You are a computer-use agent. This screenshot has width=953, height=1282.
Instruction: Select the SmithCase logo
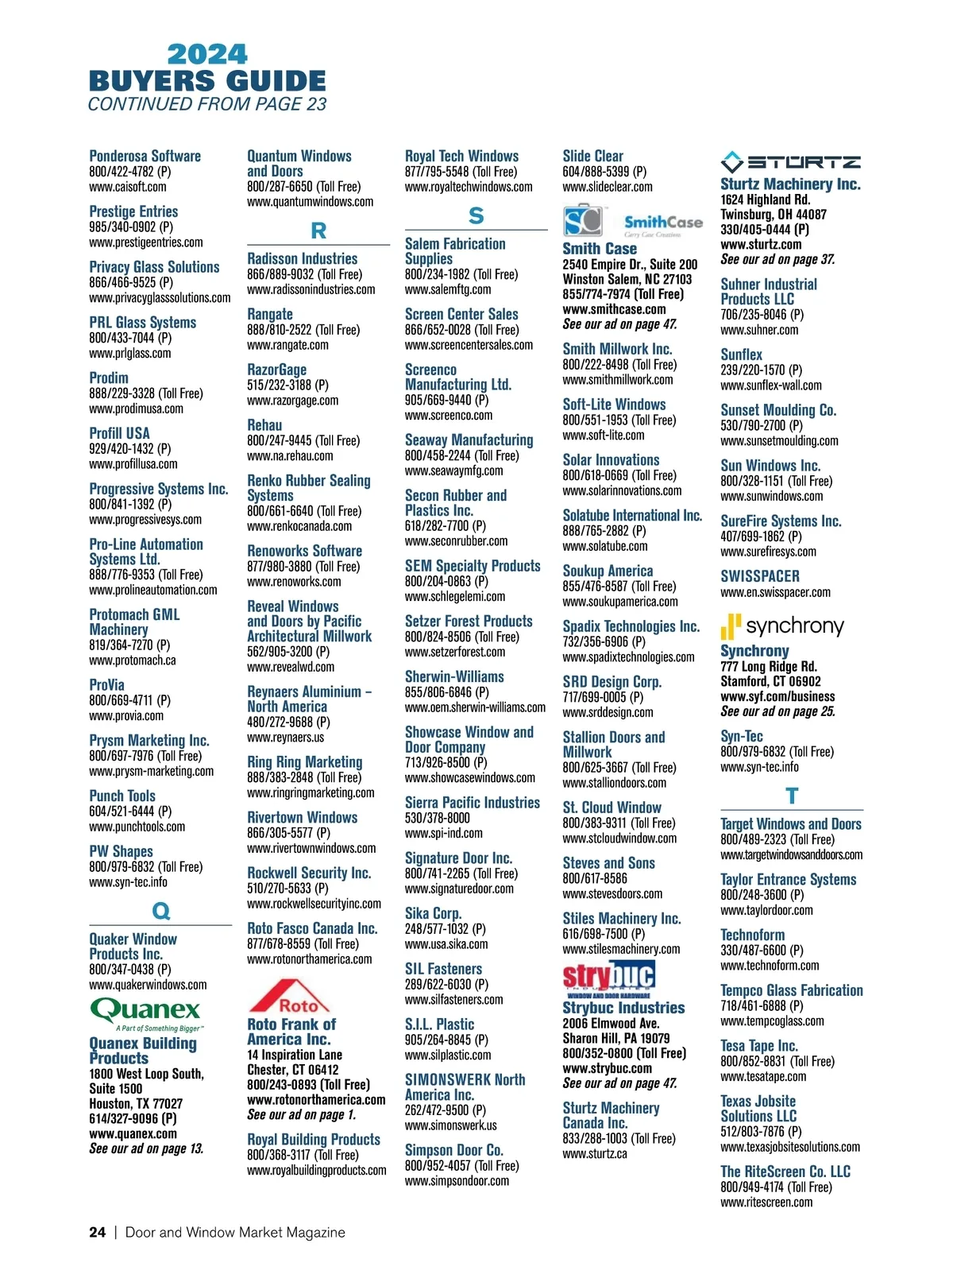[x=632, y=222]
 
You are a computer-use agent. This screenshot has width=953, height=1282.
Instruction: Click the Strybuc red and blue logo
[x=608, y=978]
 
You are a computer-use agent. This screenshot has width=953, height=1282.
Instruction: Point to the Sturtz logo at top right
[x=790, y=162]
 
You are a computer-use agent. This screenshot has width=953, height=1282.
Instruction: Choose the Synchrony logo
[x=781, y=626]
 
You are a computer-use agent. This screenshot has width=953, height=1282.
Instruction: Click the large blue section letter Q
[x=160, y=911]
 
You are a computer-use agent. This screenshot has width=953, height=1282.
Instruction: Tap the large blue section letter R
[x=318, y=230]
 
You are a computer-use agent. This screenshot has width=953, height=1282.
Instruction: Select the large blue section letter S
[x=476, y=215]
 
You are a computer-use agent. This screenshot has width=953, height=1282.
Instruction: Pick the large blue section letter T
[x=791, y=796]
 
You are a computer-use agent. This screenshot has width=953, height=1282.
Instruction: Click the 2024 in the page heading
[x=207, y=54]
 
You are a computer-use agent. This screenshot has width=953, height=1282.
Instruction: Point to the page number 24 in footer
[x=97, y=1232]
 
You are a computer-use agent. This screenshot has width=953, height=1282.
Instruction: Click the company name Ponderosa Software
[x=145, y=156]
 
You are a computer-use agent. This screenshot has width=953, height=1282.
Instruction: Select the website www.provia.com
[x=126, y=715]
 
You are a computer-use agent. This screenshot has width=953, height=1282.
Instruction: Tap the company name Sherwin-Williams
[x=454, y=676]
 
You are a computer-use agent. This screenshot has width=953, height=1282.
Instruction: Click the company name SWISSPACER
[x=760, y=576]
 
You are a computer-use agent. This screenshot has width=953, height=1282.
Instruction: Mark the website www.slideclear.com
[x=608, y=187]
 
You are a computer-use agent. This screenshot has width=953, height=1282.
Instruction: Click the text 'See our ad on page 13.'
[x=146, y=1148]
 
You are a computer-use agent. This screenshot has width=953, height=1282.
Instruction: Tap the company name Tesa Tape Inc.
[x=758, y=1046]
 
